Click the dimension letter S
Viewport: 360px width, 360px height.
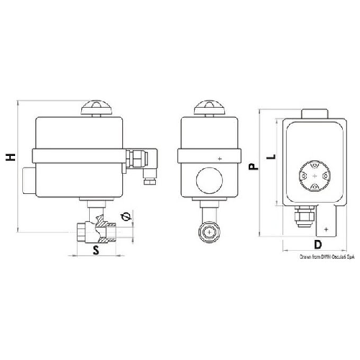96,249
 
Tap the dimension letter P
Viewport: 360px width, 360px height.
253,167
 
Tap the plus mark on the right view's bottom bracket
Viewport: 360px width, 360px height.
327,228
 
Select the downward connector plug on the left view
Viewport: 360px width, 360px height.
152,177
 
